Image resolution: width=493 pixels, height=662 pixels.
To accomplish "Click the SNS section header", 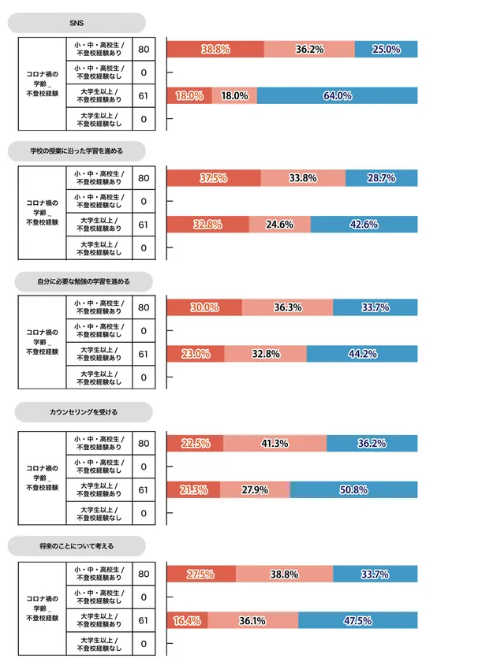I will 77,22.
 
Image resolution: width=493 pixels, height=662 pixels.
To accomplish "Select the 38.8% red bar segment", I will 215,49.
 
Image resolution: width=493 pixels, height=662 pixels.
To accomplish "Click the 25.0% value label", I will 386,49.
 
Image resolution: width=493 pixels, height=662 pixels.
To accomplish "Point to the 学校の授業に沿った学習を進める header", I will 77,151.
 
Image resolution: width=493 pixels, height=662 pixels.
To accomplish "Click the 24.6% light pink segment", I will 280,225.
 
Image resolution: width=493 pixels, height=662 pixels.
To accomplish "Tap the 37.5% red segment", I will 214,178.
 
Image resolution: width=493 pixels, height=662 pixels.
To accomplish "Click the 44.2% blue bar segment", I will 367,354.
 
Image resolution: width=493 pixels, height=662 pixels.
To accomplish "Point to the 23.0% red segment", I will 196,354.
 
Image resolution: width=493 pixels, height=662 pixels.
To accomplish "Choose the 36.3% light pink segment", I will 288,307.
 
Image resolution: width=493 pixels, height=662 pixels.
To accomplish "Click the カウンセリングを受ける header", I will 77,411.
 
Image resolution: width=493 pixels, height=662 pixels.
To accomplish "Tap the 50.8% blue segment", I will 353,489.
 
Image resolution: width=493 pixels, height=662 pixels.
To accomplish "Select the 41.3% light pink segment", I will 275,443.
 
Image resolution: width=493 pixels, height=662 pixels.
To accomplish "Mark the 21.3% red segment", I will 194,489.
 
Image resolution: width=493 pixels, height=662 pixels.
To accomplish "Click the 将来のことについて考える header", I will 77,545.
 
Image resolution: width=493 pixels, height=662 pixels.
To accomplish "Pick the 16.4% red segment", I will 188,621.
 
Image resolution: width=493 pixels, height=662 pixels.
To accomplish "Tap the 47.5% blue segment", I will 358,621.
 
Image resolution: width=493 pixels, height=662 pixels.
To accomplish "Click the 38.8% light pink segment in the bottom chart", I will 284,575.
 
